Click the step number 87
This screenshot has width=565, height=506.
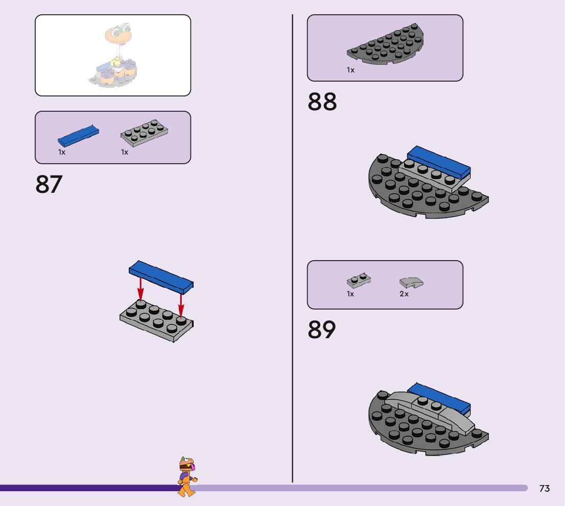click(x=49, y=185)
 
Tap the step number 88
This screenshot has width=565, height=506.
click(x=322, y=102)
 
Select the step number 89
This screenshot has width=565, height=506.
click(x=322, y=330)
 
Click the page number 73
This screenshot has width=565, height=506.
click(x=545, y=489)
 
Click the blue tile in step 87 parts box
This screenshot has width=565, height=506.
click(x=78, y=135)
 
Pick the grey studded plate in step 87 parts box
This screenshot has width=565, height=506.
click(x=145, y=133)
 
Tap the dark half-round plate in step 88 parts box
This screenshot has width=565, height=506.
click(x=386, y=45)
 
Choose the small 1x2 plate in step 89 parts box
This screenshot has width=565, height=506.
click(x=359, y=280)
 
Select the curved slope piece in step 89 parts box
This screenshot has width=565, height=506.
click(x=411, y=282)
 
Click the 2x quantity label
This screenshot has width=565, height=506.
click(x=404, y=294)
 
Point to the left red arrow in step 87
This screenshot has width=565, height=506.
click(x=140, y=290)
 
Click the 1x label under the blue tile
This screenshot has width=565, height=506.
click(x=62, y=152)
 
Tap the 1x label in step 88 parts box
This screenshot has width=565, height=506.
click(x=350, y=70)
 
